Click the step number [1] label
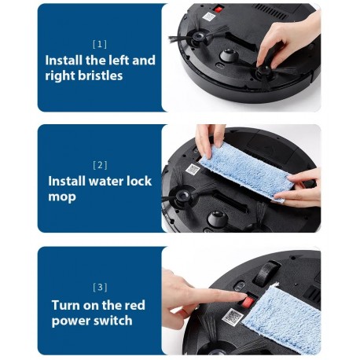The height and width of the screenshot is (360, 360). click(x=100, y=44)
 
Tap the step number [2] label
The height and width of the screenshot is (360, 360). click(x=100, y=165)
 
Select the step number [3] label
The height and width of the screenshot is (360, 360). click(x=100, y=287)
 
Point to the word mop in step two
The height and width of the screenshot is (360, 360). click(x=62, y=197)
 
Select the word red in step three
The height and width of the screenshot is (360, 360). click(x=134, y=305)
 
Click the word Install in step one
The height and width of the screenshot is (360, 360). click(x=64, y=60)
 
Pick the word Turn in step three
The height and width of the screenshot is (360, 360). click(x=65, y=305)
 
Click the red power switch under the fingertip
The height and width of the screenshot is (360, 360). click(x=248, y=302)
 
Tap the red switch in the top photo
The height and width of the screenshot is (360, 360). click(x=218, y=9)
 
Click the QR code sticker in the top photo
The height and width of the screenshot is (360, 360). click(x=209, y=17)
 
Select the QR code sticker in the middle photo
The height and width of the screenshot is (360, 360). click(x=193, y=169)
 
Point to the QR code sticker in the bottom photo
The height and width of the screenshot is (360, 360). click(x=233, y=317)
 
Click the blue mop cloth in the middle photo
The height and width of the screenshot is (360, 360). click(x=246, y=172)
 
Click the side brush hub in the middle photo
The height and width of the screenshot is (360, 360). click(x=182, y=195)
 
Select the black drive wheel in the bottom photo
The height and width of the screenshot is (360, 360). click(x=265, y=274)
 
